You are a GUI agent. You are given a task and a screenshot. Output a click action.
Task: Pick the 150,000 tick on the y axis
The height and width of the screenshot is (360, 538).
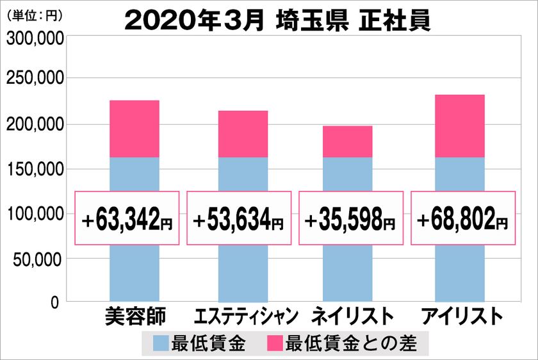pos(35,169)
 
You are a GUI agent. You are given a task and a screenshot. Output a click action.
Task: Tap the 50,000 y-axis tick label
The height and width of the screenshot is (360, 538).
pos(38,259)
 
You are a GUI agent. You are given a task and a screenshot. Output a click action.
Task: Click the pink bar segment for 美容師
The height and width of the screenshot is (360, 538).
pos(134,129)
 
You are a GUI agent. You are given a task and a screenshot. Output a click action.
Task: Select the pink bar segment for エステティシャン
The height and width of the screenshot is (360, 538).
pos(243,134)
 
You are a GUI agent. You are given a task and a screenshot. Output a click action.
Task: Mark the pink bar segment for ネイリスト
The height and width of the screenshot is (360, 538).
pos(348,142)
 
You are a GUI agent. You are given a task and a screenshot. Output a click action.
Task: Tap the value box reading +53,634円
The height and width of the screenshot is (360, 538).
pos(238,218)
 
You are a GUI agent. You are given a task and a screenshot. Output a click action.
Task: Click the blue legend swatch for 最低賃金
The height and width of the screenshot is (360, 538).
pos(161,344)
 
